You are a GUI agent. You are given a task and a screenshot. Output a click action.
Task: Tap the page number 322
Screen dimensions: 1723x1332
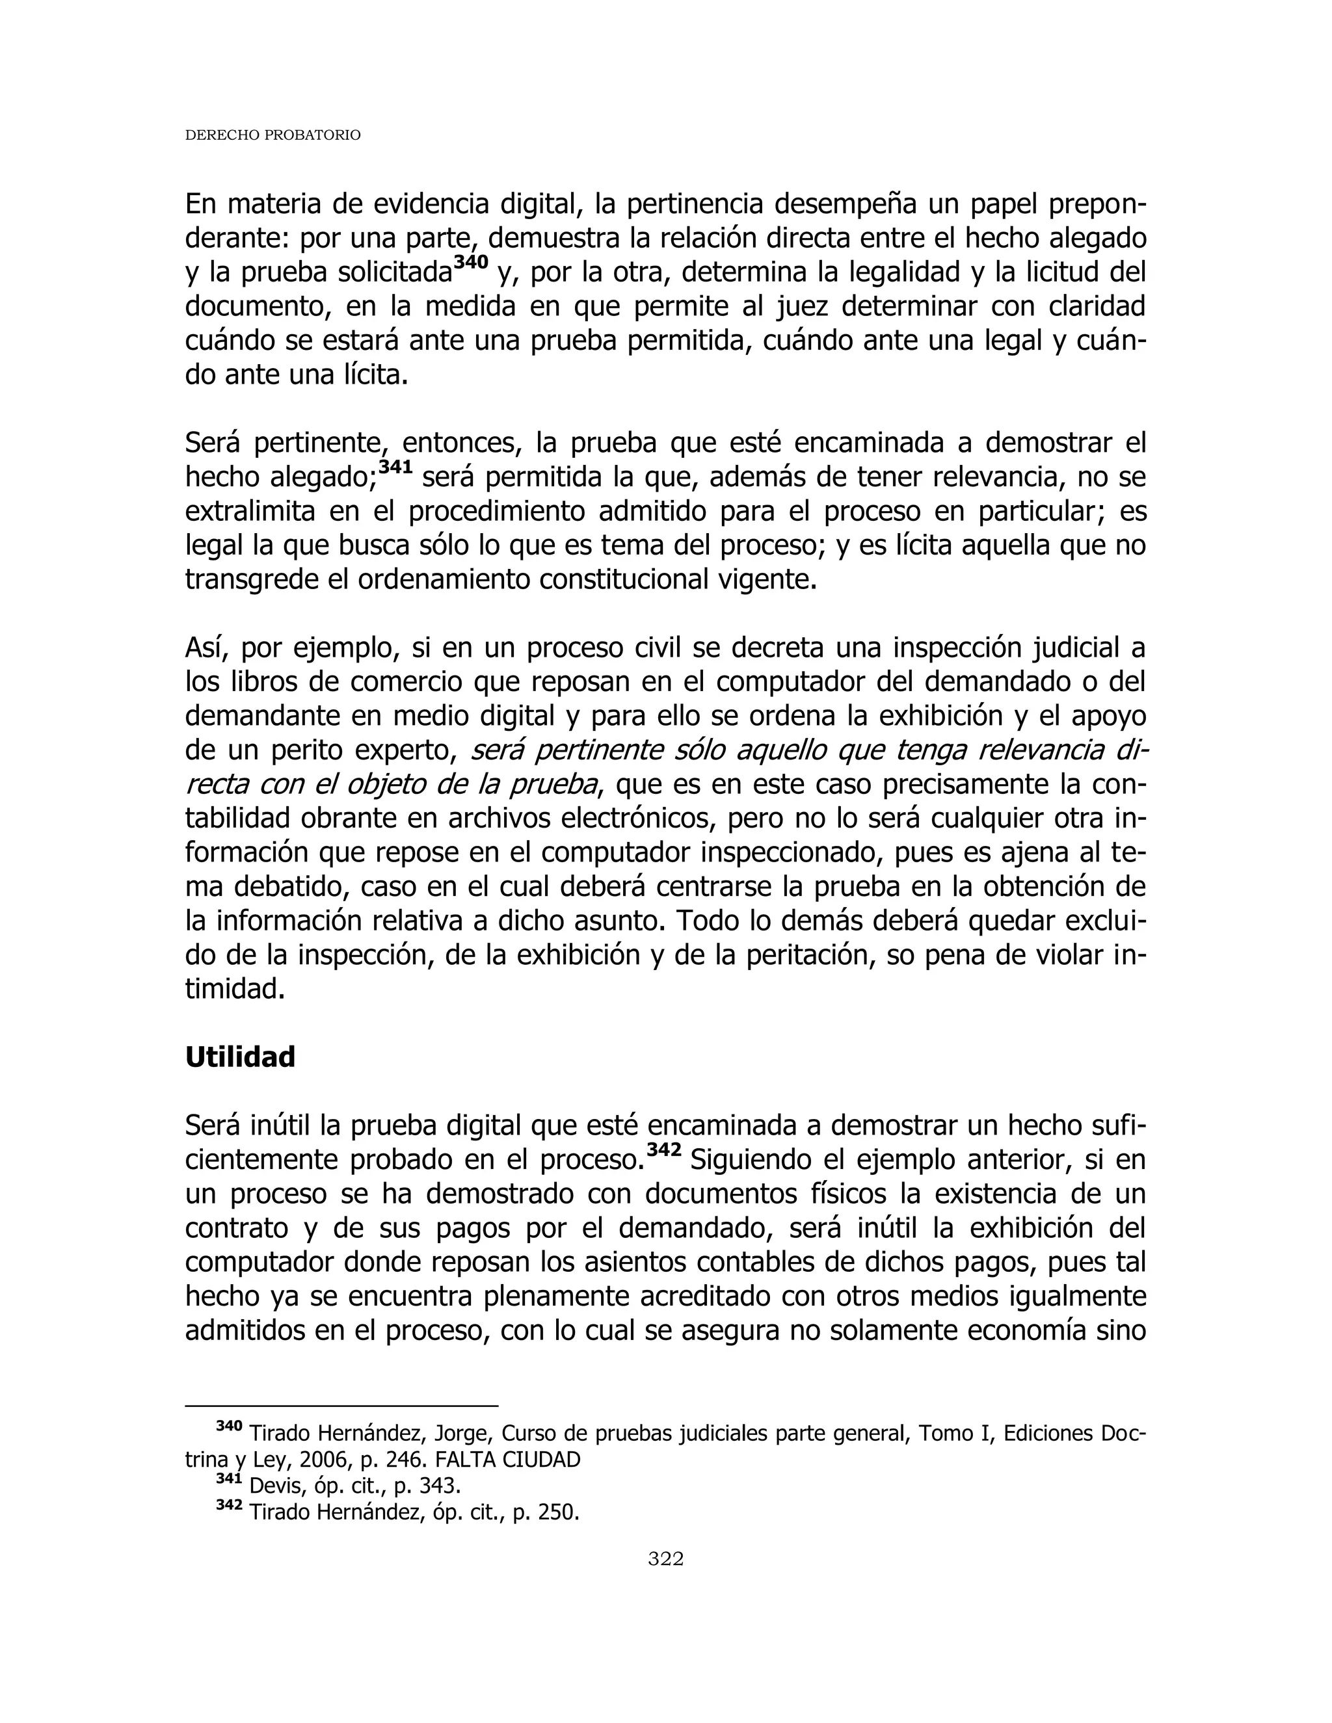665,1558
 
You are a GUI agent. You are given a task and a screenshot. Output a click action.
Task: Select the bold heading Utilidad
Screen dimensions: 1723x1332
240,1057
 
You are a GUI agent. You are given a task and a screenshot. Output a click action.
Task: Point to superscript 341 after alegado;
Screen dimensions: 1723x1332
396,467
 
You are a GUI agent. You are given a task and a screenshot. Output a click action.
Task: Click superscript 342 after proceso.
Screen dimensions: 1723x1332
663,1150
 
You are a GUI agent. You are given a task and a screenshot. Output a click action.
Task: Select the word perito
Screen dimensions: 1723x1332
307,750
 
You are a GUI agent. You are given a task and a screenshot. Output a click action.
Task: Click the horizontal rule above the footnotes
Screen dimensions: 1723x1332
341,1405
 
